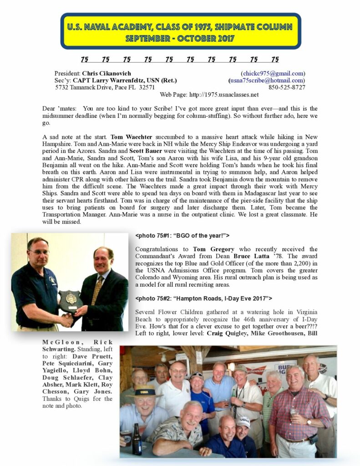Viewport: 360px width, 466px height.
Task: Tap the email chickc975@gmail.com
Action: pyautogui.click(x=273, y=73)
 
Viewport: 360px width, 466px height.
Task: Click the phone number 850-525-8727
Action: pyautogui.click(x=287, y=87)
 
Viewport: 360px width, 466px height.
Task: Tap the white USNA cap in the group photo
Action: pyautogui.click(x=243, y=422)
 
